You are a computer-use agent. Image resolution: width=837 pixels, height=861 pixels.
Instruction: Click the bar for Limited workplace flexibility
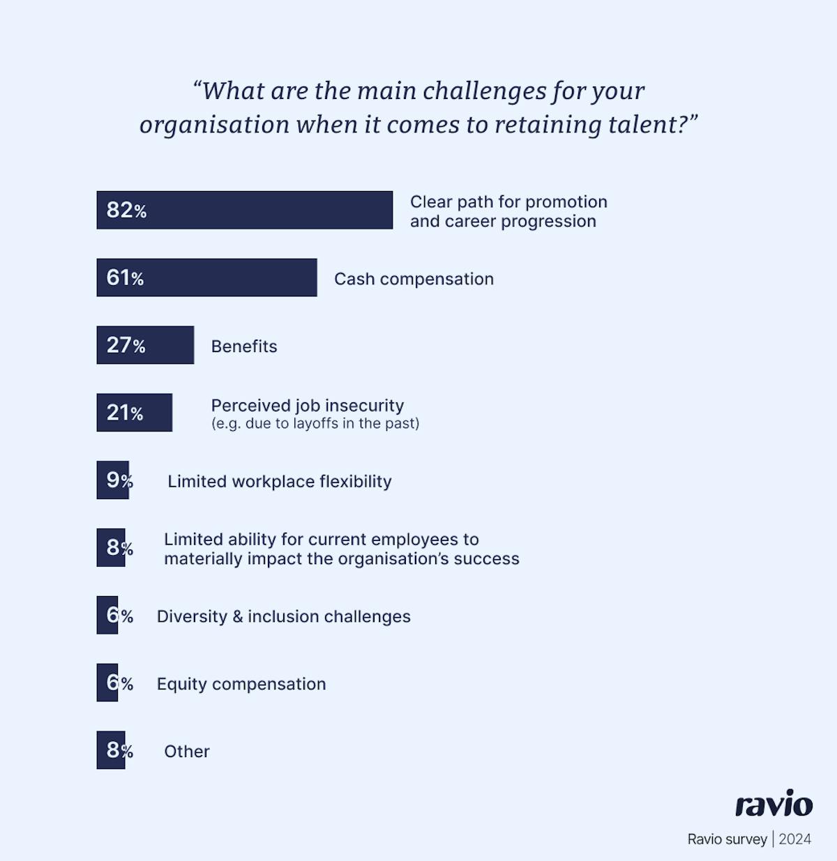pyautogui.click(x=112, y=480)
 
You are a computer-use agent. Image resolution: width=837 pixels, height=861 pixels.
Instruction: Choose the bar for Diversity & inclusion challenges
pyautogui.click(x=107, y=615)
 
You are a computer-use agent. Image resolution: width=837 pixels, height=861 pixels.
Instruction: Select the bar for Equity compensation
pyautogui.click(x=107, y=683)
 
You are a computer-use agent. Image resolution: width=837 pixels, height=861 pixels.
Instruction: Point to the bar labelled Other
pyautogui.click(x=110, y=750)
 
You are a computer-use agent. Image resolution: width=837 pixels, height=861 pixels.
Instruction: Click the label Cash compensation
pyautogui.click(x=414, y=279)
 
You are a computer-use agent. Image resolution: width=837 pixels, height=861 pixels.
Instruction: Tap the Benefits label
pyautogui.click(x=244, y=346)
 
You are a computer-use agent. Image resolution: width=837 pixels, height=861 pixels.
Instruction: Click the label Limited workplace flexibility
pyautogui.click(x=279, y=482)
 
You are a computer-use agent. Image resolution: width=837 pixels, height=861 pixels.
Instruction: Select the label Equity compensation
pyautogui.click(x=241, y=684)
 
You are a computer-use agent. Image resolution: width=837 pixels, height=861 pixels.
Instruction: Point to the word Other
pyautogui.click(x=187, y=752)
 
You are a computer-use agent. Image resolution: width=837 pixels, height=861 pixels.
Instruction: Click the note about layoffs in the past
pyautogui.click(x=315, y=424)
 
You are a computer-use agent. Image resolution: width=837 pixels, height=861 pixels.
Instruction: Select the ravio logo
pyautogui.click(x=774, y=804)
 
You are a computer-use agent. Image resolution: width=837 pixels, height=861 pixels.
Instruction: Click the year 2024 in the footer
pyautogui.click(x=795, y=839)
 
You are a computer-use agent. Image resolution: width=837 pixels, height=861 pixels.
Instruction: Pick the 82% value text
pyautogui.click(x=126, y=210)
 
